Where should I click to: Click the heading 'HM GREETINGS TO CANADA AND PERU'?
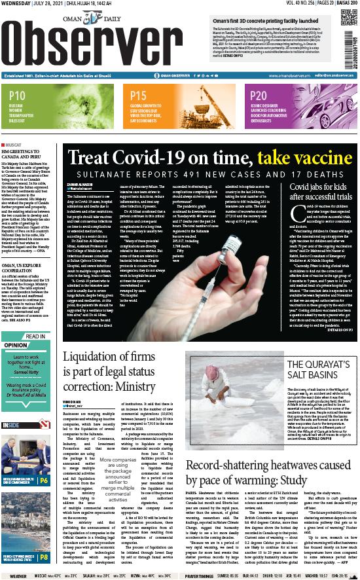coord(29,154)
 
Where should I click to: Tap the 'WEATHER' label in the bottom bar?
coord(15,575)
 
